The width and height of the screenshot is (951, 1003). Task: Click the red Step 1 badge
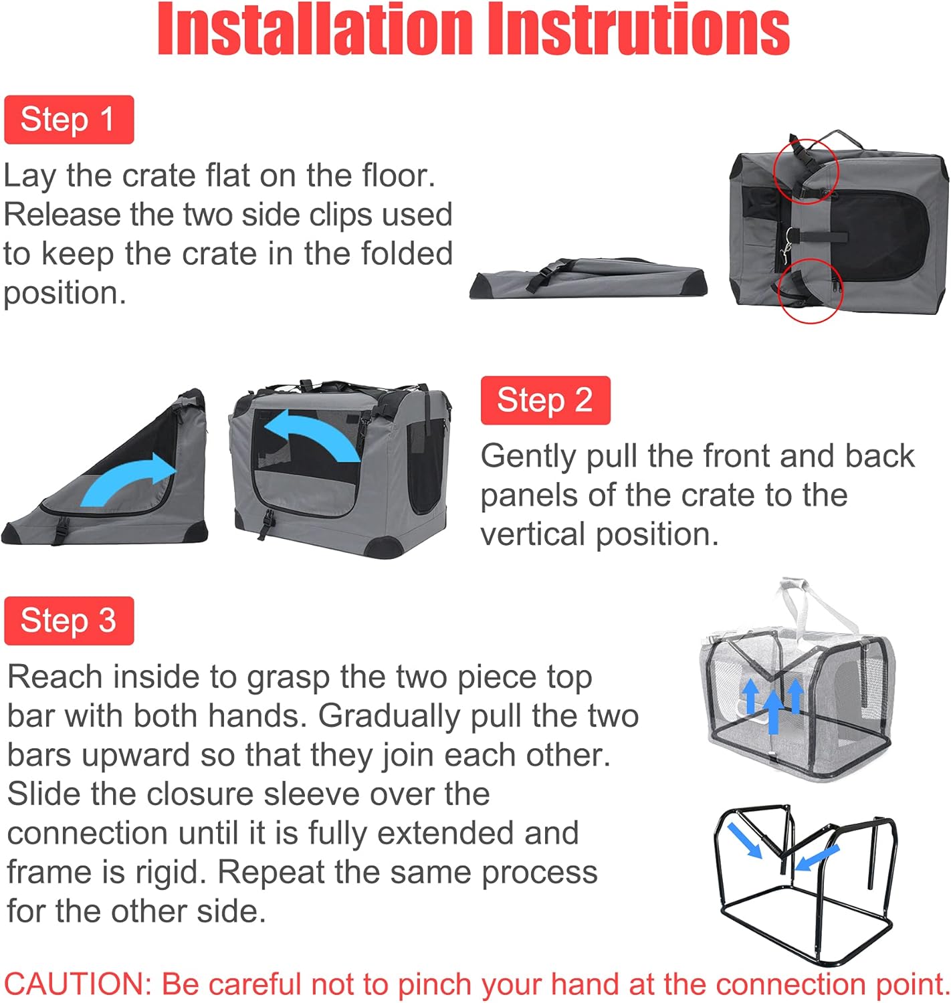pyautogui.click(x=68, y=120)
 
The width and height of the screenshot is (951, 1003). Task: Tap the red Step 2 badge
pyautogui.click(x=545, y=400)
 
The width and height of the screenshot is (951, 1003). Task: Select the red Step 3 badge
pyautogui.click(x=68, y=621)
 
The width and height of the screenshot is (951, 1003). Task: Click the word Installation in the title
pyautogui.click(x=314, y=30)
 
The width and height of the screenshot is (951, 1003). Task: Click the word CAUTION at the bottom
pyautogui.click(x=78, y=984)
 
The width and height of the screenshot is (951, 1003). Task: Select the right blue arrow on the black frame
pyautogui.click(x=817, y=857)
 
